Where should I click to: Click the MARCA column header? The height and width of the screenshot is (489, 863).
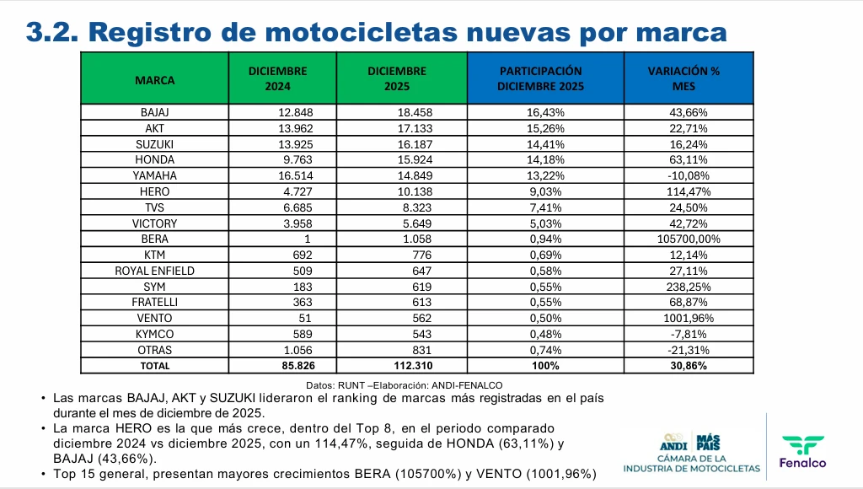tap(154, 80)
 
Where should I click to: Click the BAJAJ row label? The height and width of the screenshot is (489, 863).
tap(154, 112)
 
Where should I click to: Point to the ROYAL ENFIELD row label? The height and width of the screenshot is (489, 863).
tap(154, 271)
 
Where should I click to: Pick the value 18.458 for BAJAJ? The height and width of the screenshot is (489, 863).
tap(414, 112)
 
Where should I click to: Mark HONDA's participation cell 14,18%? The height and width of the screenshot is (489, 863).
tap(546, 159)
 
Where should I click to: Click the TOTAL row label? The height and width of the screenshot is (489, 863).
tap(154, 366)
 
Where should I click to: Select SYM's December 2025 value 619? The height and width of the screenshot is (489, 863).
tap(419, 287)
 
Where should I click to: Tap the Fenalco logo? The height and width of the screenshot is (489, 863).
tap(803, 451)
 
